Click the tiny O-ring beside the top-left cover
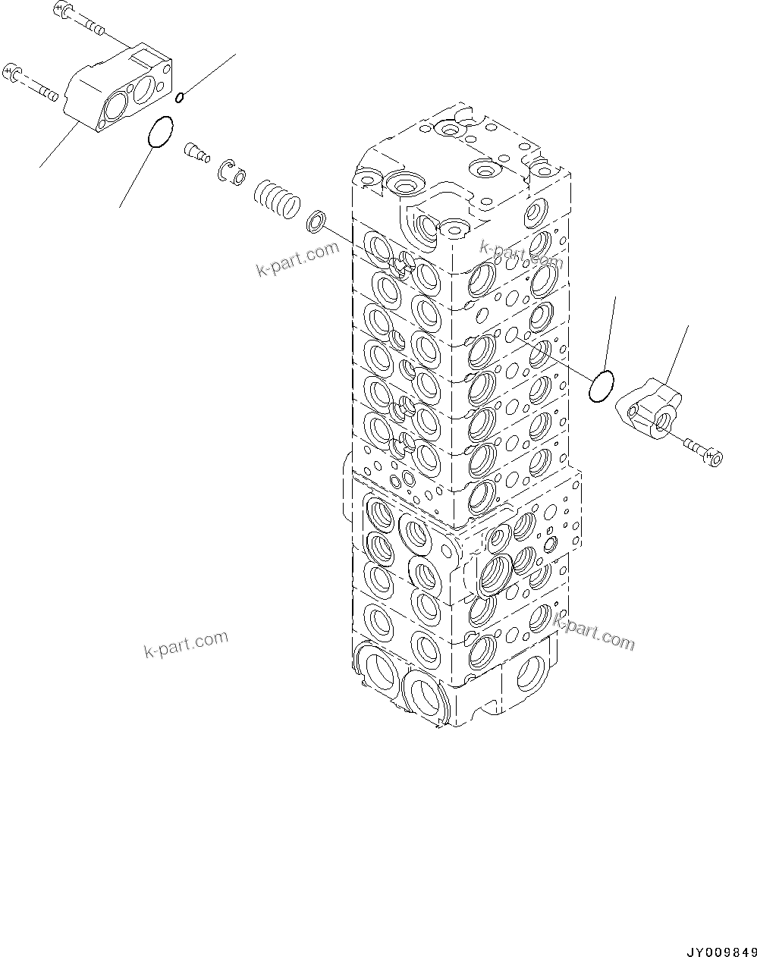point(179,96)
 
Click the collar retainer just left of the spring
point(230,173)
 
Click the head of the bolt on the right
point(713,457)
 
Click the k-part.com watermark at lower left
point(185,644)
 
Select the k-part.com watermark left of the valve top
point(297,259)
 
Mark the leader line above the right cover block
point(677,353)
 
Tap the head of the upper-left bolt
point(61,10)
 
